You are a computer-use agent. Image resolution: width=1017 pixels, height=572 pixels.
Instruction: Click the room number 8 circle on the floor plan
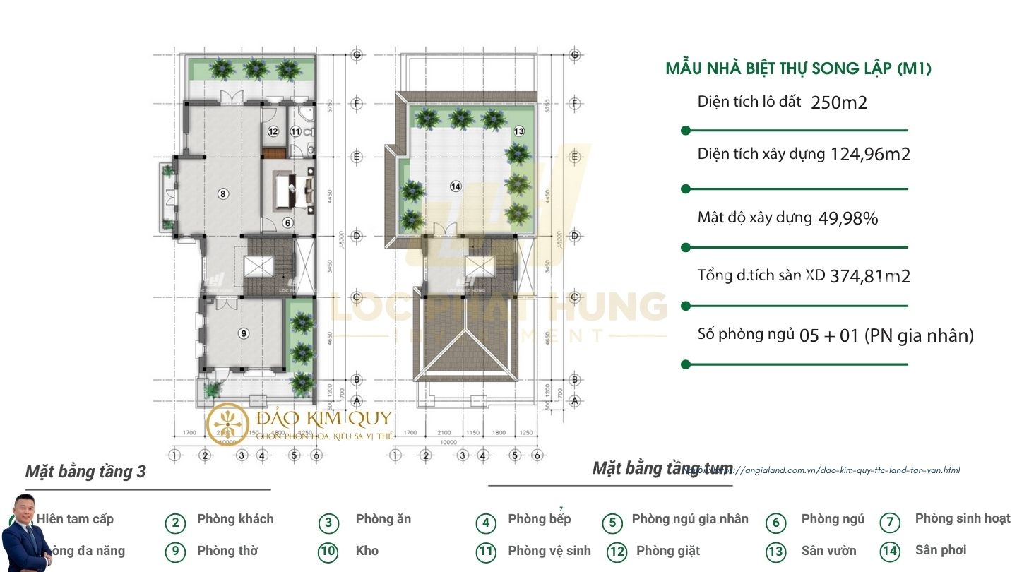pos(222,193)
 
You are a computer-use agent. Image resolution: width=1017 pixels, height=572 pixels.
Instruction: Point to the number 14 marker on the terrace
pos(456,186)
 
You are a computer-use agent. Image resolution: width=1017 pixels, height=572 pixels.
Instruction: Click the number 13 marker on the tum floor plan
pos(519,131)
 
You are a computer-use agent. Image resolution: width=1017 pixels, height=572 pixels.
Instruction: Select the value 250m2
pos(839,103)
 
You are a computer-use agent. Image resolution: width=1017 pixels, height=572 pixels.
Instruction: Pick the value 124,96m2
pos(870,154)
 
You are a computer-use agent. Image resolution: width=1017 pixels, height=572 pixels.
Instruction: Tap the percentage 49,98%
pos(848,218)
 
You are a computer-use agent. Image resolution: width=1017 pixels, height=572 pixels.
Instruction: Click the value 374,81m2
pos(870,276)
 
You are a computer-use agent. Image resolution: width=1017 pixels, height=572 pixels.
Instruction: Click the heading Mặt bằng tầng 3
pos(85,472)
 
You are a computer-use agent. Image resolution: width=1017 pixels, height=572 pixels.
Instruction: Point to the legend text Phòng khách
pos(235,519)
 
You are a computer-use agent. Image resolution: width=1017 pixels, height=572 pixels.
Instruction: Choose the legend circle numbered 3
pos(328,523)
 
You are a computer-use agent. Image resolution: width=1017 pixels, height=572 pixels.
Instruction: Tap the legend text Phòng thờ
pos(227,551)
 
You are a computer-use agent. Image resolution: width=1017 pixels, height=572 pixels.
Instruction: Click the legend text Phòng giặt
pos(668,551)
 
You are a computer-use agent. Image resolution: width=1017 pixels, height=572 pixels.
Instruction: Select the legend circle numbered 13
pos(775,551)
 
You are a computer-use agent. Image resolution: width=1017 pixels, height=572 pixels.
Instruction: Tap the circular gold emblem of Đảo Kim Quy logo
pos(228,423)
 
